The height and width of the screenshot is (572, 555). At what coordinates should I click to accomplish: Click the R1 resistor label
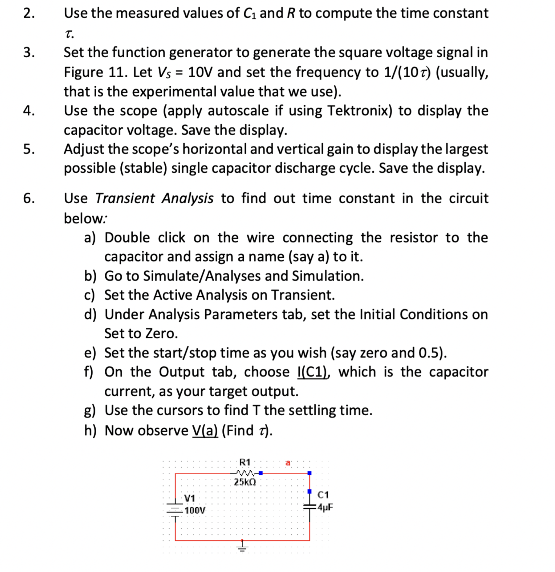coord(245,462)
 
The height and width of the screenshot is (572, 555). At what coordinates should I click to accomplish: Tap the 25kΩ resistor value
coord(245,482)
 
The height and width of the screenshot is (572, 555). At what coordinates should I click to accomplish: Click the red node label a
coord(288,463)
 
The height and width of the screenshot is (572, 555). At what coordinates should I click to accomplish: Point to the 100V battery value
coord(195,510)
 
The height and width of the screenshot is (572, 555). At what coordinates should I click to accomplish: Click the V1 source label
coord(189,498)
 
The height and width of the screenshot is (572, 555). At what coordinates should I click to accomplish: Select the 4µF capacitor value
coord(325,507)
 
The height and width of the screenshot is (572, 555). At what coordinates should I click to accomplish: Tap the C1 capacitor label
coord(323,495)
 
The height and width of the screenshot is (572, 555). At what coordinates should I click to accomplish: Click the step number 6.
coord(29,198)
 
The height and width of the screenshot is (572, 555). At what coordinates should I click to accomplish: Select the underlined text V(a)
coord(205,430)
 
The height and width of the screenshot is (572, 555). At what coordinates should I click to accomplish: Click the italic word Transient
coord(125,198)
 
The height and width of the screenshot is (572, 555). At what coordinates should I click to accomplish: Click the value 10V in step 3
coord(200,72)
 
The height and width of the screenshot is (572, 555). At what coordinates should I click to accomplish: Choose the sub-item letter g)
coord(90,410)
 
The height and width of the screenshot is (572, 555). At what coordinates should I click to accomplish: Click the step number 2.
coord(29,13)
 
